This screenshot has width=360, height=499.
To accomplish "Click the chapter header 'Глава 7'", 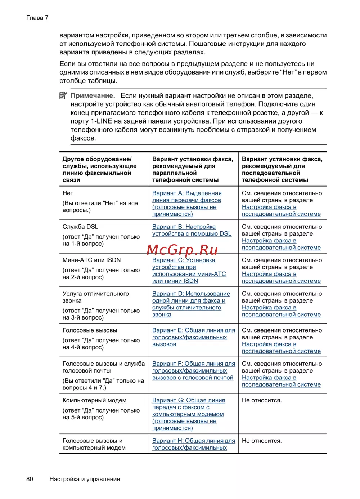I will click(x=37, y=18).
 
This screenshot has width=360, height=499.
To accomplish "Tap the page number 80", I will click(x=30, y=479).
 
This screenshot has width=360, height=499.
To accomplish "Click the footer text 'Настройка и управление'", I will click(x=85, y=479).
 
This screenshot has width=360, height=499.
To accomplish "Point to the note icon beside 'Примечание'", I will click(x=63, y=95).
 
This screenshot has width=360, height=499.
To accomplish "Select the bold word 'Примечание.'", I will click(x=93, y=95).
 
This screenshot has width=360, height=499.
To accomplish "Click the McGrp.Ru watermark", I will click(x=183, y=249).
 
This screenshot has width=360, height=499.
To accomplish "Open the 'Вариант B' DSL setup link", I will click(x=192, y=230).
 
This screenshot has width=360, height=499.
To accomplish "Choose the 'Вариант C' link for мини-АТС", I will click(x=189, y=270).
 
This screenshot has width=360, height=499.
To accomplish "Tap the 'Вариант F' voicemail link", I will click(x=193, y=370).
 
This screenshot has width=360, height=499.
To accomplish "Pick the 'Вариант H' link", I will click(x=193, y=444).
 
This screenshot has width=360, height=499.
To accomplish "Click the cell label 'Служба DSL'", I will click(x=80, y=227).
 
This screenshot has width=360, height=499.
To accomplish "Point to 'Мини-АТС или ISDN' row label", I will click(x=91, y=260).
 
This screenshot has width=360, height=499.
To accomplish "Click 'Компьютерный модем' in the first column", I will click(x=94, y=400).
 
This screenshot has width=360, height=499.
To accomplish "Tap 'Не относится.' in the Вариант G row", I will click(x=262, y=400).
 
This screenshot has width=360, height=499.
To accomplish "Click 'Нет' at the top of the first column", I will click(x=68, y=193).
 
